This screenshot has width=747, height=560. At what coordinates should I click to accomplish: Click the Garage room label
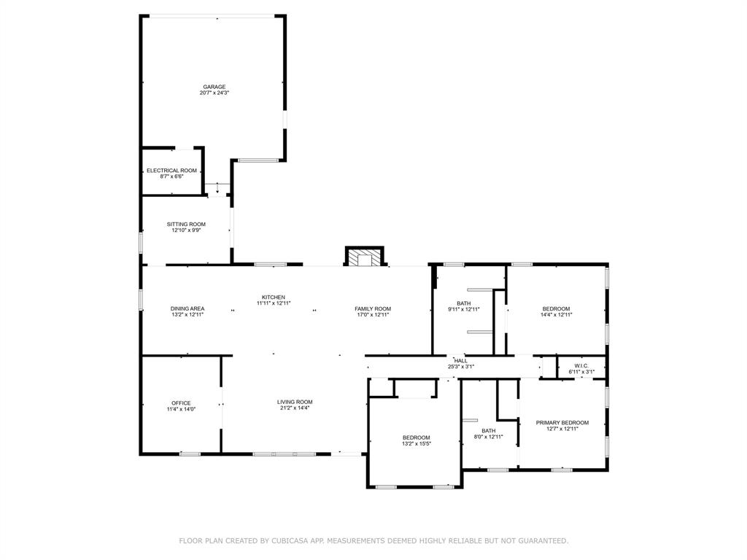point(214,87)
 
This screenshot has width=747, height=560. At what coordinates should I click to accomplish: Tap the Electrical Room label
point(171,171)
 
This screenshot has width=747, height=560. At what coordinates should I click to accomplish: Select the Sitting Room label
point(186,224)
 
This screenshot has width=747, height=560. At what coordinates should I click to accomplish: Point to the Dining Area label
point(187,308)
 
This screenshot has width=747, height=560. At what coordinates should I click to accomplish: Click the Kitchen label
point(274,297)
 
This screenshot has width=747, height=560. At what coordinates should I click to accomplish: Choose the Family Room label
point(373,308)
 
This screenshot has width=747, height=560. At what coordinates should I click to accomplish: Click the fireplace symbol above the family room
point(364,258)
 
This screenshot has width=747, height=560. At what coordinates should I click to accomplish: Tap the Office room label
point(181,403)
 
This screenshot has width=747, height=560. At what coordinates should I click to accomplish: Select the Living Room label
point(295,402)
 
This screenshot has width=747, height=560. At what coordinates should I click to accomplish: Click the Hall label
point(461,360)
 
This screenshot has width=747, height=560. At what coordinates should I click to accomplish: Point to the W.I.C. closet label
point(581,366)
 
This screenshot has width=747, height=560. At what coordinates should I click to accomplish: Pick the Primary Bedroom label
point(562,423)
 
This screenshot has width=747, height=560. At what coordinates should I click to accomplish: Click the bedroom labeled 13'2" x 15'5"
point(416,440)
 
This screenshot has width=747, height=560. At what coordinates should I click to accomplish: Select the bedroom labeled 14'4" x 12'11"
point(556,311)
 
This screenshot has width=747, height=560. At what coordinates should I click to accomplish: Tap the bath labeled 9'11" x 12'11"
point(464,306)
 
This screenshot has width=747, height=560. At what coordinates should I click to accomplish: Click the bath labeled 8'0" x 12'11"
point(488,434)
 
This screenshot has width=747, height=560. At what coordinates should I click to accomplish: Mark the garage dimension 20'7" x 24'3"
point(214,93)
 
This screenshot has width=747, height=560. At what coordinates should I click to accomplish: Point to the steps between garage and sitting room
point(217,188)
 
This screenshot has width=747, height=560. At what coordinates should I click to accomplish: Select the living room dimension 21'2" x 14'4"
point(295,408)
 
